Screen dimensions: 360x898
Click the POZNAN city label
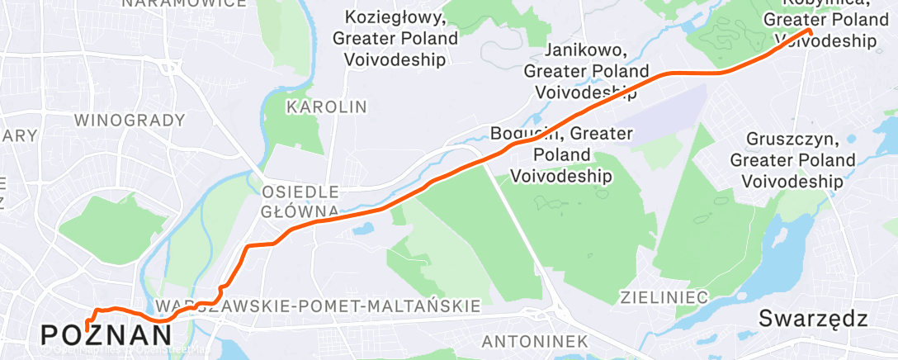(106, 334)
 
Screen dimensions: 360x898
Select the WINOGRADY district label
(130, 120)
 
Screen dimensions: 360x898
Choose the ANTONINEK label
(534, 341)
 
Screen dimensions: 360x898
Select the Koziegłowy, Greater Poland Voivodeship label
(395, 38)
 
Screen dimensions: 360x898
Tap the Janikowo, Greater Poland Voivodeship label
(585, 71)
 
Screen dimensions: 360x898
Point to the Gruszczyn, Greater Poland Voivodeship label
(792, 159)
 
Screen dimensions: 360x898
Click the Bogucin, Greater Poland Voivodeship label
(561, 154)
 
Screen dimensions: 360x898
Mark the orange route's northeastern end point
(809, 31)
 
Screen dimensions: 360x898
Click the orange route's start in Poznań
(86, 330)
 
